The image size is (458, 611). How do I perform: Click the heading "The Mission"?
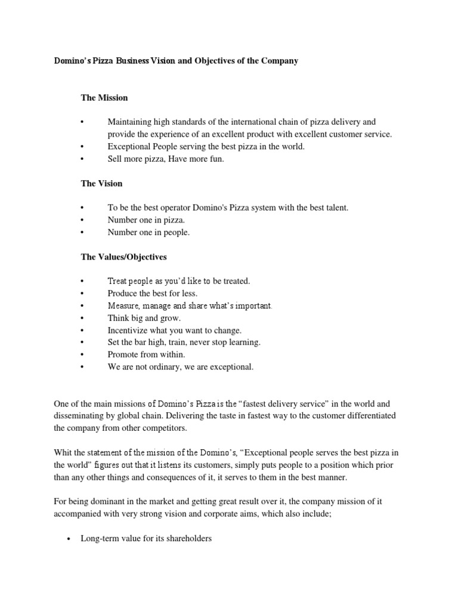(104, 97)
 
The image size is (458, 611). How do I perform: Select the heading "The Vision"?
(101, 183)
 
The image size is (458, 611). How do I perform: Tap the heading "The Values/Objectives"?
(123, 257)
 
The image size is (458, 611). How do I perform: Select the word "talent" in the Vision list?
(333, 208)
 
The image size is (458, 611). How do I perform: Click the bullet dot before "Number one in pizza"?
(82, 220)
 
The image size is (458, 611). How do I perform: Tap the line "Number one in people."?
(148, 233)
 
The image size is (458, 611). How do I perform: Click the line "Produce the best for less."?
(152, 294)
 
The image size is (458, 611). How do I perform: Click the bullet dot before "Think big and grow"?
(82, 318)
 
